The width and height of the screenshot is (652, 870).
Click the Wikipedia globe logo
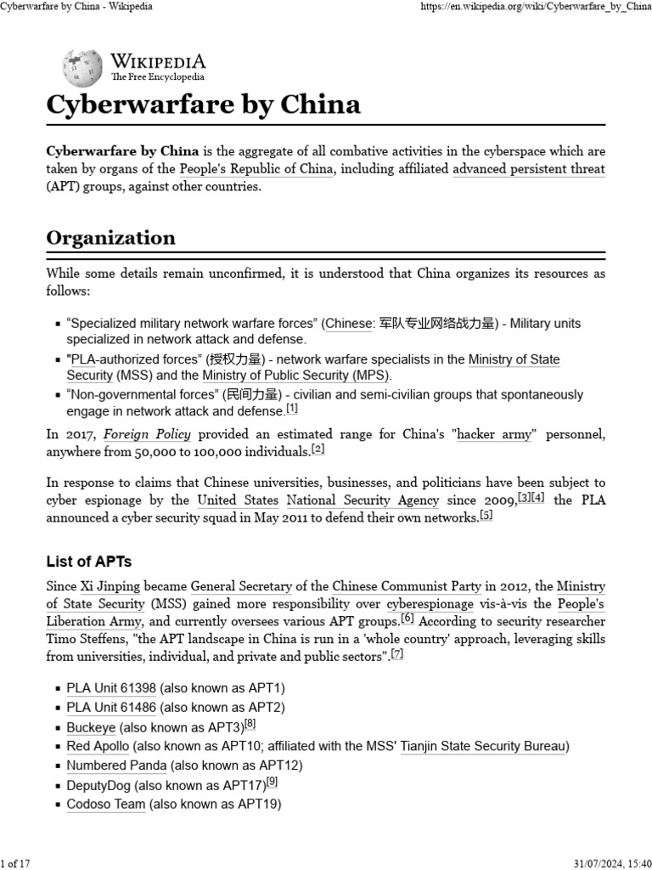(82, 67)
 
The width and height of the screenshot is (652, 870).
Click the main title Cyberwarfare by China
(203, 105)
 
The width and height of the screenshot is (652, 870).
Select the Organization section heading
(110, 237)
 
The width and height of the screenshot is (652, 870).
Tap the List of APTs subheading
(89, 562)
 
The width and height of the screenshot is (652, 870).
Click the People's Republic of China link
(257, 168)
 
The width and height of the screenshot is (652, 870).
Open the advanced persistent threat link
(528, 168)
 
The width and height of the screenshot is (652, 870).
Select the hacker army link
(494, 434)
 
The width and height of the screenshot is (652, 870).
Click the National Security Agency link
(363, 500)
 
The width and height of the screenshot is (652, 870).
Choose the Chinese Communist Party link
(407, 586)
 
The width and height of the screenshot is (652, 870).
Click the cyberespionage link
(430, 604)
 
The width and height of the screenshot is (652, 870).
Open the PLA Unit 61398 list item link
(111, 687)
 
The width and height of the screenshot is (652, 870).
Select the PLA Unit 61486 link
(111, 707)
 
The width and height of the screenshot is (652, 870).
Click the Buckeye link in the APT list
(92, 727)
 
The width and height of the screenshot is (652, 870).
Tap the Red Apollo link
(98, 746)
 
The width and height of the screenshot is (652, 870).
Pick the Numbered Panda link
(116, 765)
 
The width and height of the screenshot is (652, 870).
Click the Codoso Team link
(106, 804)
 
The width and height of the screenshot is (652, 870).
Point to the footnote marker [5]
(486, 515)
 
